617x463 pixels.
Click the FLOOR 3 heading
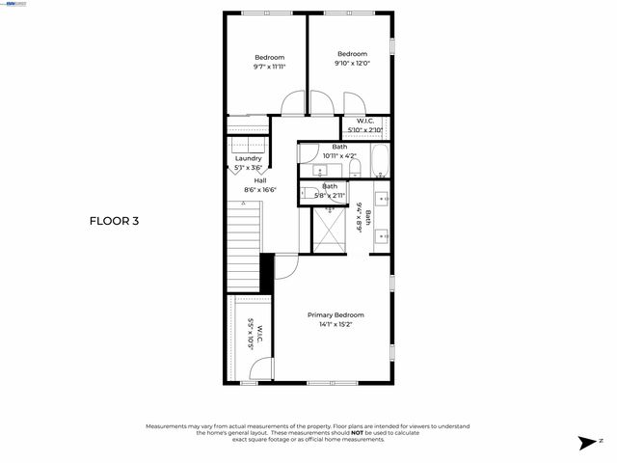(x=115, y=221)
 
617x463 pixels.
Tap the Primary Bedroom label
(x=335, y=315)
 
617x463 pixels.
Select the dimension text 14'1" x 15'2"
(x=335, y=325)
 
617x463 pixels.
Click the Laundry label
(x=248, y=159)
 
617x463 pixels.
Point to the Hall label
(x=260, y=180)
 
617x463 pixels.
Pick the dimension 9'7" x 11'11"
(x=269, y=67)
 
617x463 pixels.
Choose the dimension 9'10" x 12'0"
(x=352, y=64)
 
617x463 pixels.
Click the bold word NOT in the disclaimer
(x=357, y=433)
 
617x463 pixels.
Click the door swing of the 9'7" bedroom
(x=294, y=104)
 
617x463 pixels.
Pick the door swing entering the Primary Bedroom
(x=286, y=266)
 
